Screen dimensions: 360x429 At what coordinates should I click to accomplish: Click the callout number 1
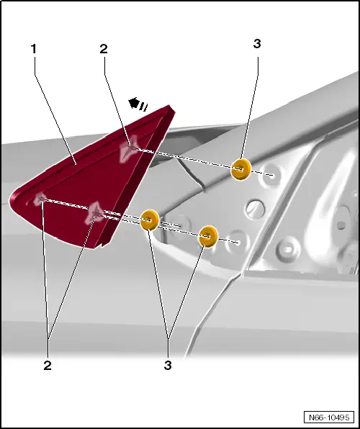pyautogui.click(x=33, y=49)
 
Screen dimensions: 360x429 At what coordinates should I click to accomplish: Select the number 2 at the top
pyautogui.click(x=104, y=49)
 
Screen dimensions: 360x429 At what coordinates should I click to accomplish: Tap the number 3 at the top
pyautogui.click(x=257, y=43)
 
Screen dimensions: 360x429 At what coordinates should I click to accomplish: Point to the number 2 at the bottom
pyautogui.click(x=48, y=366)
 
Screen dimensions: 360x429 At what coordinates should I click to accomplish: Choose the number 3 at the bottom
pyautogui.click(x=168, y=366)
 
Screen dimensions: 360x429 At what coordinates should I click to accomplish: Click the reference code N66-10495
pyautogui.click(x=329, y=417)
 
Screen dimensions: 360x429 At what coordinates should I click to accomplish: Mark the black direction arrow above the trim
pyautogui.click(x=138, y=104)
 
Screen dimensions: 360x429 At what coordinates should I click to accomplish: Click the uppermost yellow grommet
pyautogui.click(x=241, y=169)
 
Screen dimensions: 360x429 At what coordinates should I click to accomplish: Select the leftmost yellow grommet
pyautogui.click(x=150, y=220)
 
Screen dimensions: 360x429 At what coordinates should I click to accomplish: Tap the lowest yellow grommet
pyautogui.click(x=209, y=236)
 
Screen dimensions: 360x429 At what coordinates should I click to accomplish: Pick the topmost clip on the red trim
pyautogui.click(x=128, y=150)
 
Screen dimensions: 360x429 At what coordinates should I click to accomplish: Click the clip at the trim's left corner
pyautogui.click(x=40, y=198)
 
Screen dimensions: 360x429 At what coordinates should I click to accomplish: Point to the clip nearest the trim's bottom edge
pyautogui.click(x=94, y=213)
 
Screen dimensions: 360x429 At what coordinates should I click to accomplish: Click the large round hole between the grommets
pyautogui.click(x=255, y=209)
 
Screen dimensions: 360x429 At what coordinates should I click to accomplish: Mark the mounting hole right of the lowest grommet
pyautogui.click(x=238, y=243)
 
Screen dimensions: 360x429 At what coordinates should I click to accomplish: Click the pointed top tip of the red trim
pyautogui.click(x=170, y=106)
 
